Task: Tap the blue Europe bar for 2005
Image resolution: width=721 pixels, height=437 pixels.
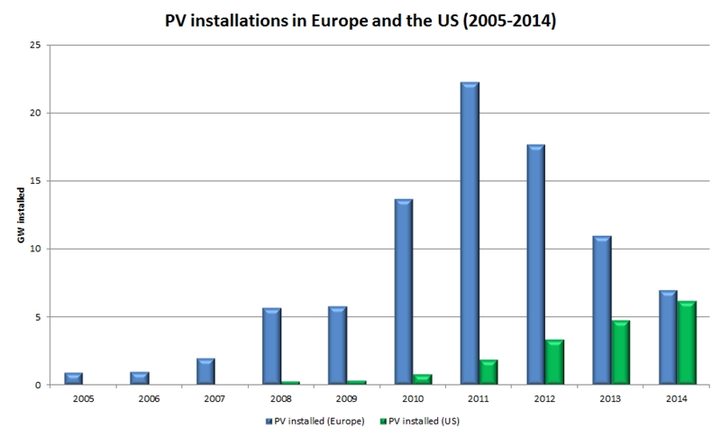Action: [x=74, y=378]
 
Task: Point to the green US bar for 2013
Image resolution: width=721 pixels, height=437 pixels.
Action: [x=621, y=352]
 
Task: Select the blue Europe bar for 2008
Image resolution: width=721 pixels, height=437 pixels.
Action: [x=270, y=346]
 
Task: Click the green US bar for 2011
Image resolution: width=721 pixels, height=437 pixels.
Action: [x=489, y=372]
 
